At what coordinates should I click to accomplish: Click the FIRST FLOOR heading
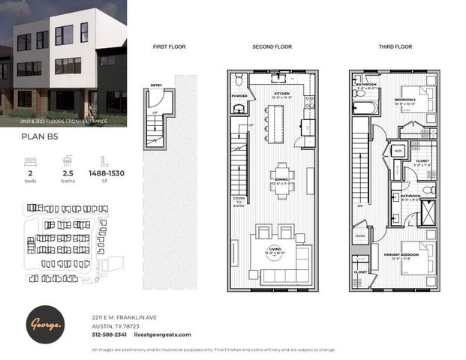pyautogui.click(x=169, y=46)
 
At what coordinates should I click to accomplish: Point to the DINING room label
pyautogui.click(x=282, y=180)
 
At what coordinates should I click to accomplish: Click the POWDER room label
pyautogui.click(x=241, y=96)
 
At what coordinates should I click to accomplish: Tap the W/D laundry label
pyautogui.click(x=398, y=150)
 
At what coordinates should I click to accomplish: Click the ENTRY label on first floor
pyautogui.click(x=156, y=85)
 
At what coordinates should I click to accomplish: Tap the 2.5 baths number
pyautogui.click(x=68, y=172)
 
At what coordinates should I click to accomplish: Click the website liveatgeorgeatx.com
pyautogui.click(x=163, y=334)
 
